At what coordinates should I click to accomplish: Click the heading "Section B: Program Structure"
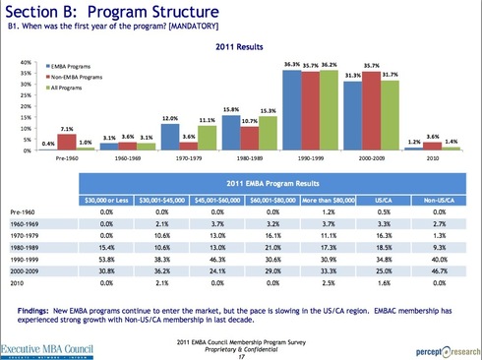tap(108, 12)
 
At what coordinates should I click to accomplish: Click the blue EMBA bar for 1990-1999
tap(291, 112)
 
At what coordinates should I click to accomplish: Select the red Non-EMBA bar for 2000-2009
tap(372, 112)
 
